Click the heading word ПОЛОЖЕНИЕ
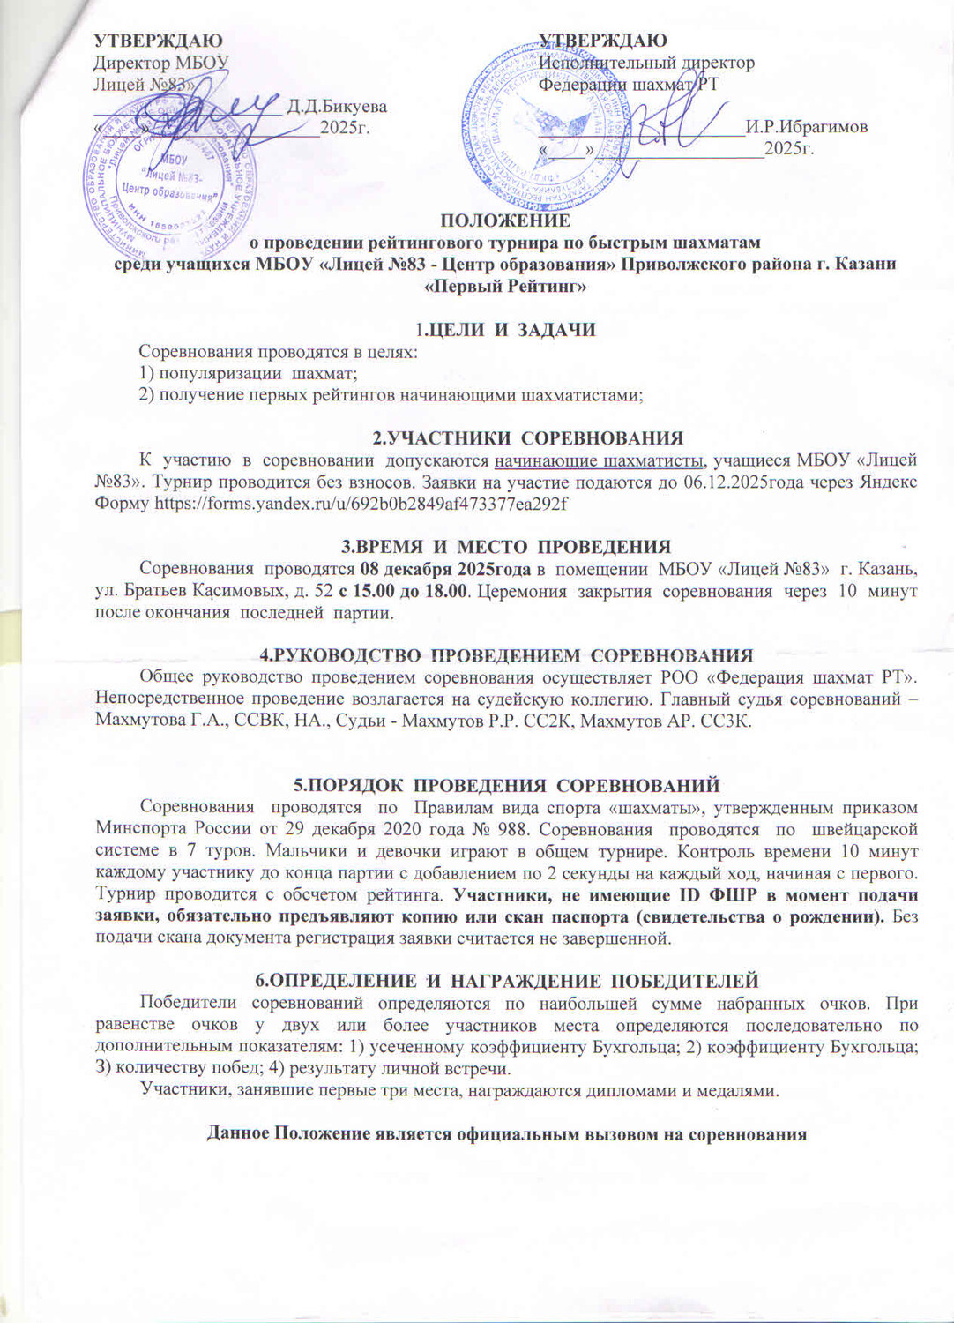pos(505,220)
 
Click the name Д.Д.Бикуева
pos(341,107)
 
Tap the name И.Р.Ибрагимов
pos(806,127)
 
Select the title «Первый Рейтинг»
pos(505,286)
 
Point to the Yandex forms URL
pos(361,504)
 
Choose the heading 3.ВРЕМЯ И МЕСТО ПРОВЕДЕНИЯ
pos(505,546)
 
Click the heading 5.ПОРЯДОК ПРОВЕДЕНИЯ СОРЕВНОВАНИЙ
pos(506,785)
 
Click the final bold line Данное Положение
pos(506,1134)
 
